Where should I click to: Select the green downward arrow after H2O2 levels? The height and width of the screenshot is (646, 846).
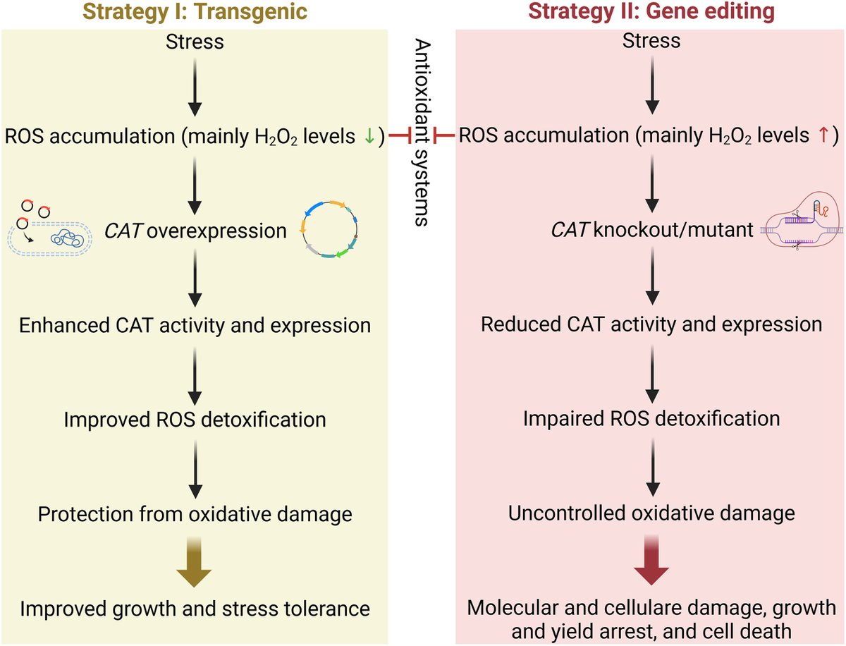[x=369, y=137]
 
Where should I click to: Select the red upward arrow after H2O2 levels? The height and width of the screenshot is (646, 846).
[x=823, y=137]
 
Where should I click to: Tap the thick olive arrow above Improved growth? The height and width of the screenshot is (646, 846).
[x=195, y=565]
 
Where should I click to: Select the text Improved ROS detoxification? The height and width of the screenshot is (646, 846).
[x=195, y=420]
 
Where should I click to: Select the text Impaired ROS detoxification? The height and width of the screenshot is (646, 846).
[x=651, y=418]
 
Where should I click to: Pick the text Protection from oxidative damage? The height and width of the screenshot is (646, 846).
[x=195, y=514]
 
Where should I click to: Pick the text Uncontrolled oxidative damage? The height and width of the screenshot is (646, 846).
[x=651, y=513]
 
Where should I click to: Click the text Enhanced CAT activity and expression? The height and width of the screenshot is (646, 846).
[x=195, y=326]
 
